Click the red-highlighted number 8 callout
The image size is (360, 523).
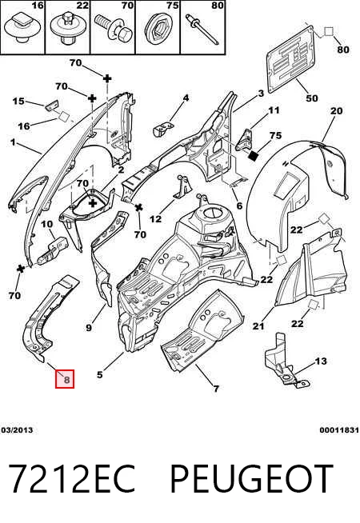point(65,379)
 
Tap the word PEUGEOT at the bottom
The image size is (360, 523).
point(252,479)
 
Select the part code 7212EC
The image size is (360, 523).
point(71,479)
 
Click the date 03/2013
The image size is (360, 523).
point(17,430)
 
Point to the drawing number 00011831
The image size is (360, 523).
point(339,430)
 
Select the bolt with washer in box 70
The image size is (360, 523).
point(114,30)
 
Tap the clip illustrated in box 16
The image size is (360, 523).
point(22,27)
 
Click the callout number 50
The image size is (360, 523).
point(312,98)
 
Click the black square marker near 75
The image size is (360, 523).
point(254,156)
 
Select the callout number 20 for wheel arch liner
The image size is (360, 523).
point(336,110)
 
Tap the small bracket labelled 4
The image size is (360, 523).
point(162,129)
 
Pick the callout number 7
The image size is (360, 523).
point(216,389)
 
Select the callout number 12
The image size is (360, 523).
point(155,219)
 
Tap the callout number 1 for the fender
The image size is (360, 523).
point(13,142)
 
